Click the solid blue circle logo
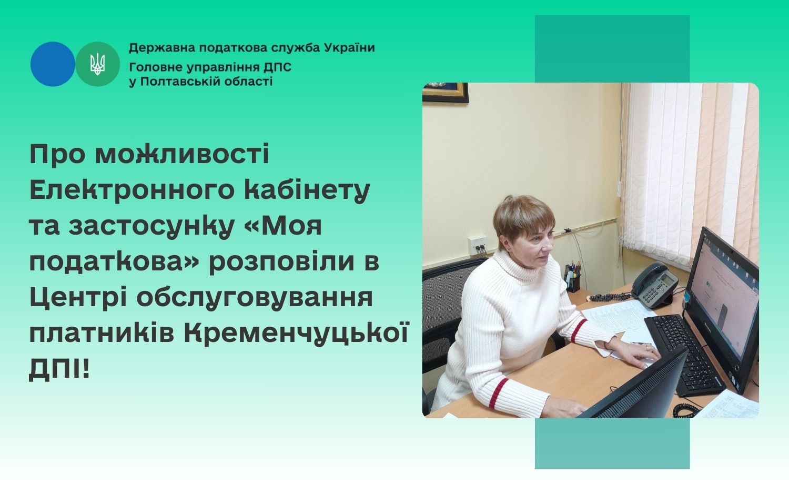click(x=53, y=64)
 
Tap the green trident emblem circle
click(x=97, y=64)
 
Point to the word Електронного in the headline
click(x=132, y=190)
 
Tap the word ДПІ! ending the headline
click(x=59, y=370)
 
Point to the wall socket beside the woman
click(x=477, y=245)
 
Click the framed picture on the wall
click(x=445, y=92)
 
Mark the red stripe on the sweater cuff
click(x=578, y=330)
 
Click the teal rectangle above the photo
click(x=612, y=48)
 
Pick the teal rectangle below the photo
click(x=612, y=443)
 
